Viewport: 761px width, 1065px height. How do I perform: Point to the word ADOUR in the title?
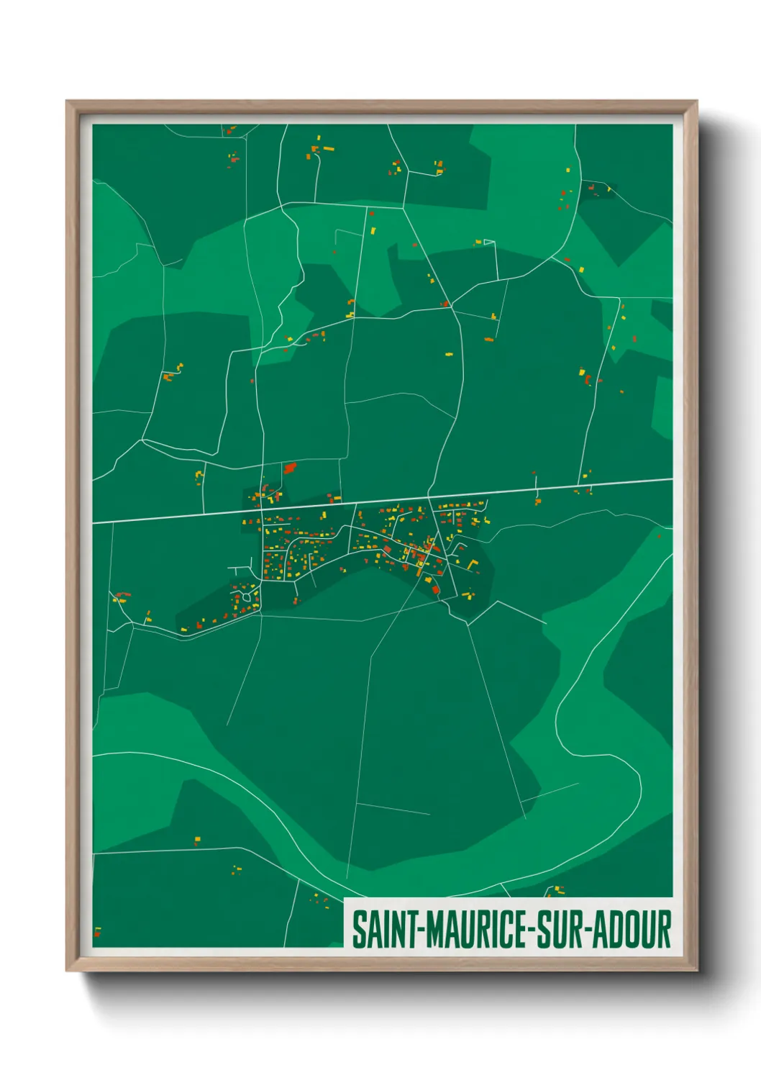coord(634,930)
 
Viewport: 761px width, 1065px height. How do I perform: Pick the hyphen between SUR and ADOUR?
coord(591,930)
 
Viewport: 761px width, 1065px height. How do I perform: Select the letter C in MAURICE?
coord(504,930)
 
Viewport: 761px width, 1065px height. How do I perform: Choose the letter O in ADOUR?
coord(635,930)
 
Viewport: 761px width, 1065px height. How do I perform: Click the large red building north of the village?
coord(290,468)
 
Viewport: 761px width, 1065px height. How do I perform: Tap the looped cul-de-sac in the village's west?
coord(249,594)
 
